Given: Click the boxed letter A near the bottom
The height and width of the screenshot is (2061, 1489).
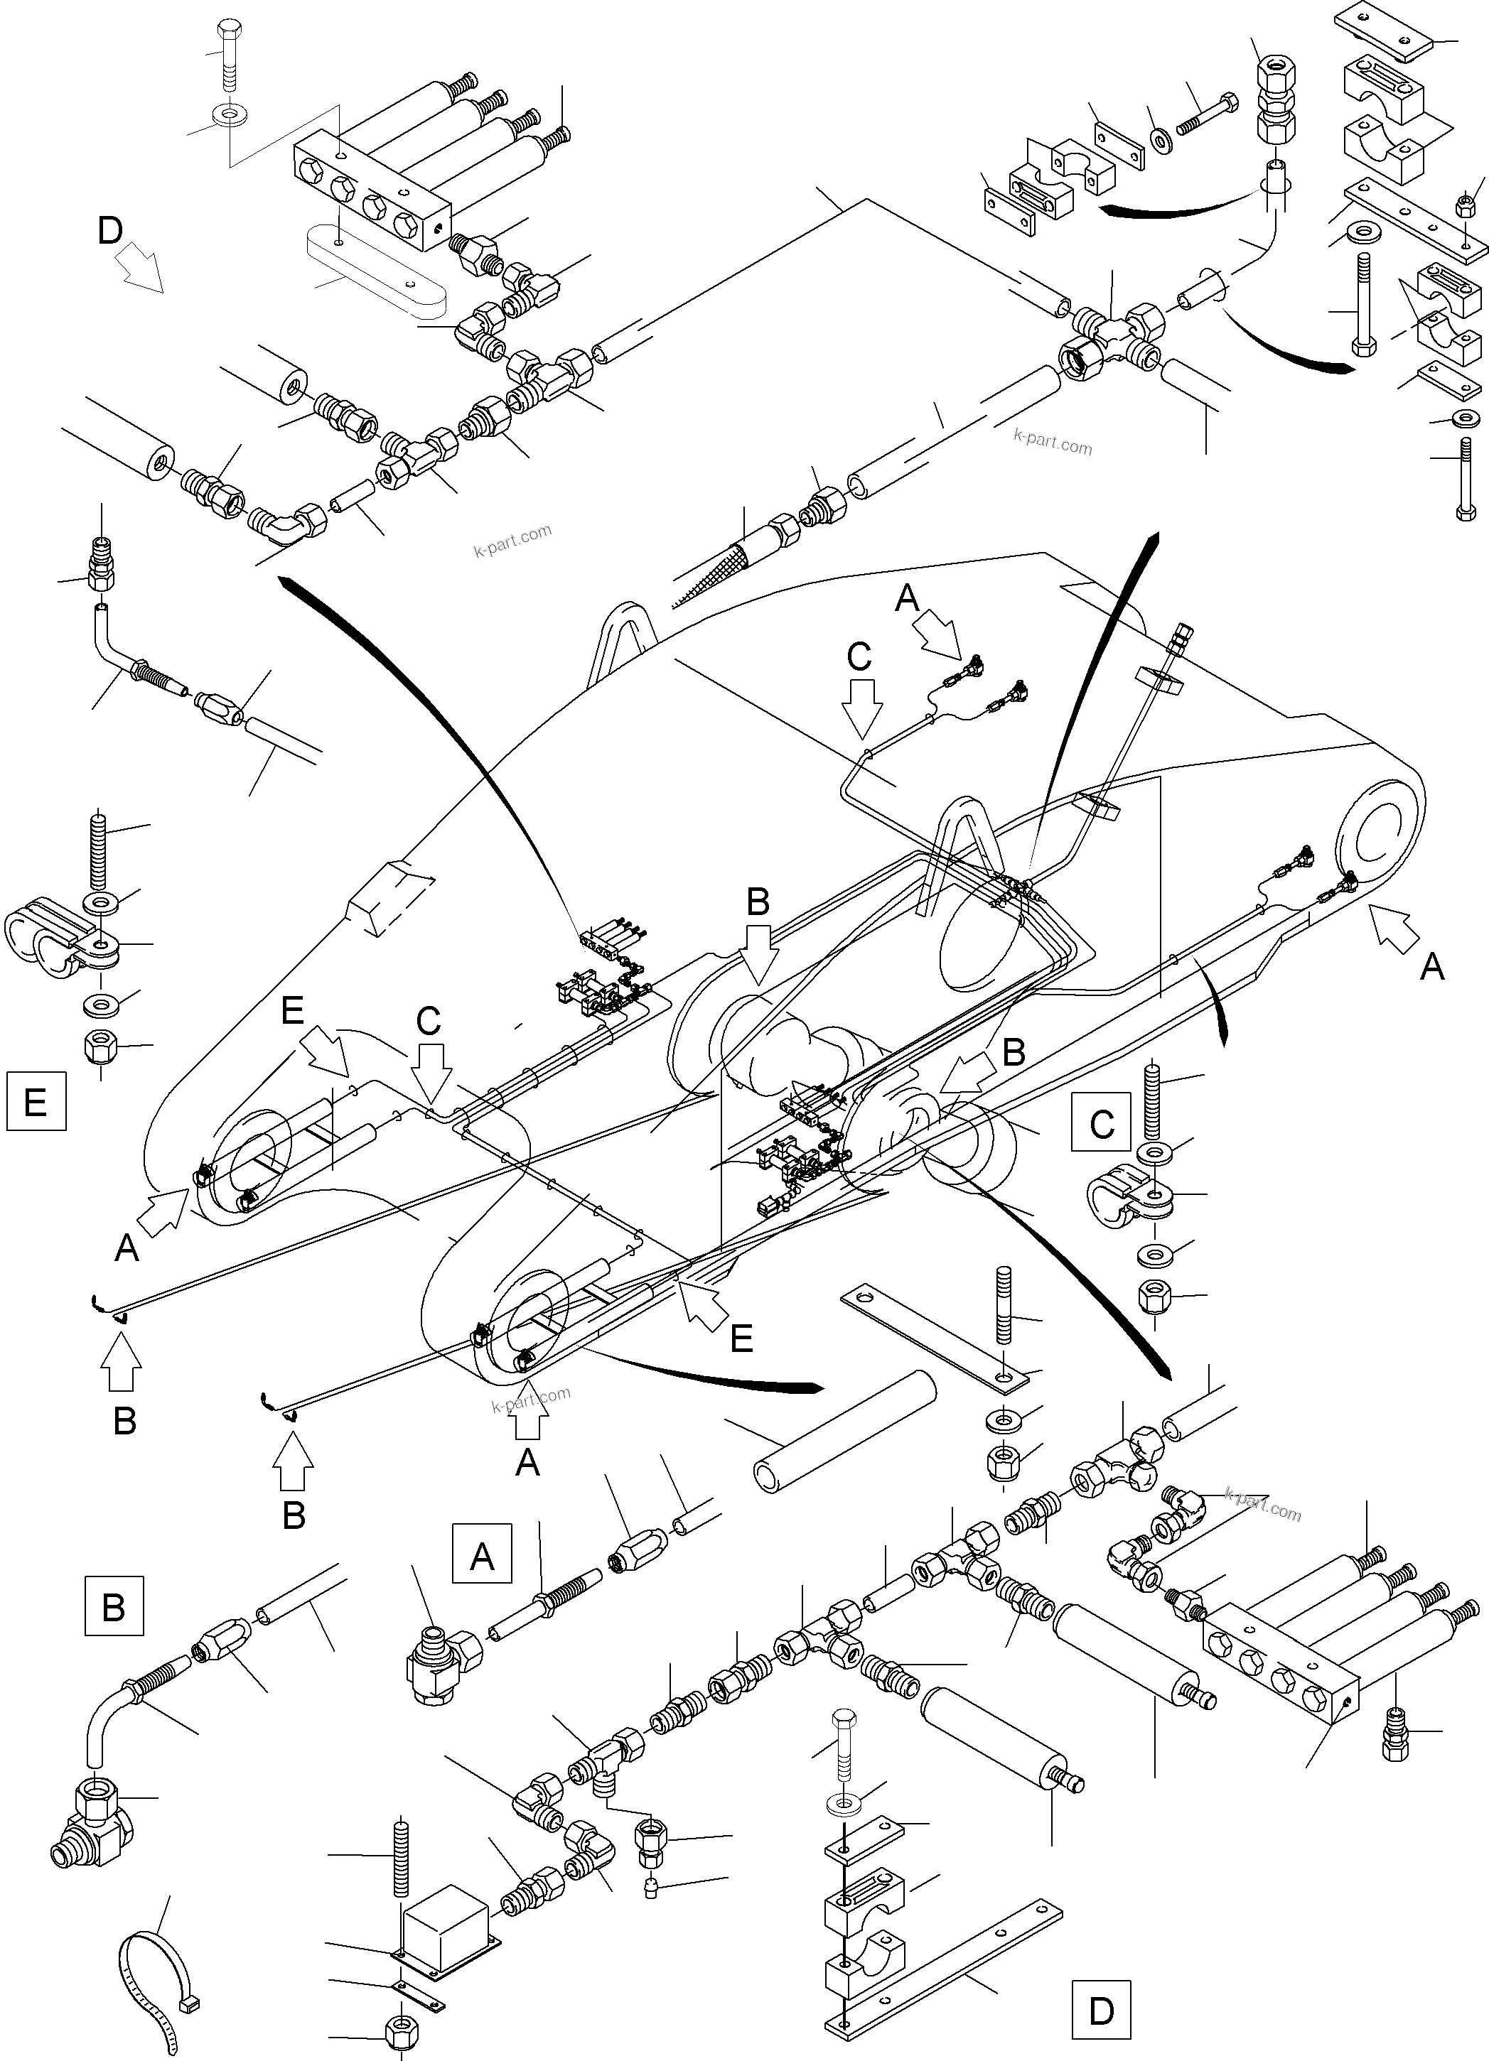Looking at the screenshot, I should point(482,1557).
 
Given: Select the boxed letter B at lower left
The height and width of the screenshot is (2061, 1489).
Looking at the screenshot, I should point(113,1606).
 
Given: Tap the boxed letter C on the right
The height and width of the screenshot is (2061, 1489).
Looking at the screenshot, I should point(1101,1124).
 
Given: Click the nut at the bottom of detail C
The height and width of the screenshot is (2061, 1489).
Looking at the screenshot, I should point(1154,1293).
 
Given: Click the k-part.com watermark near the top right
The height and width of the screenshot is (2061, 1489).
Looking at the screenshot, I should point(1053,443).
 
